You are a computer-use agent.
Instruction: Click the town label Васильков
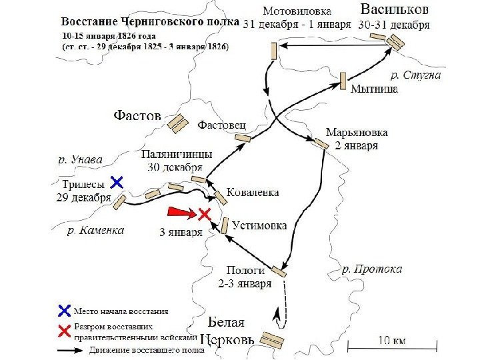click(395, 10)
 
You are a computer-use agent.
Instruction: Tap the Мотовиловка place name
click(297, 11)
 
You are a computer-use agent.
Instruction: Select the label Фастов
click(137, 116)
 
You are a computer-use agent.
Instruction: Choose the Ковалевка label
click(253, 192)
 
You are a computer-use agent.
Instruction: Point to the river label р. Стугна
click(415, 75)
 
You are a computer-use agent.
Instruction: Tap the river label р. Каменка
click(96, 231)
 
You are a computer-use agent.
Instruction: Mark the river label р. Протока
click(372, 269)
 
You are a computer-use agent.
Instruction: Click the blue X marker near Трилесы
click(117, 181)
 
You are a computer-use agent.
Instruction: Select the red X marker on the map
click(204, 214)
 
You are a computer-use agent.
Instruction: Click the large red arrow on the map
click(180, 212)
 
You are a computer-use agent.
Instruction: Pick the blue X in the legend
click(65, 310)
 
